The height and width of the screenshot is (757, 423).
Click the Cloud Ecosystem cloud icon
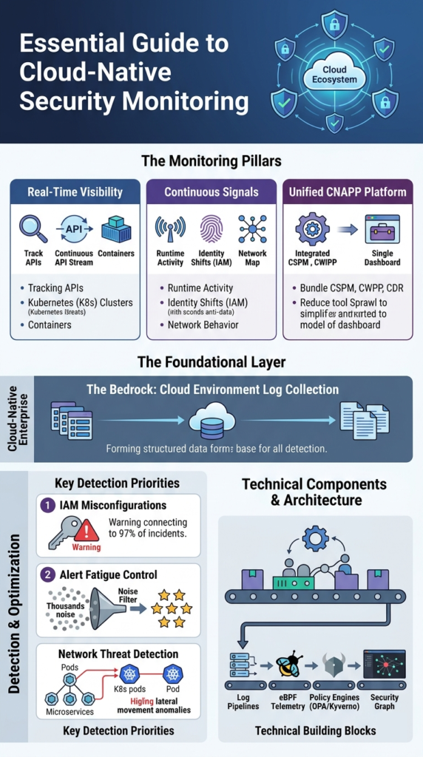tap(334, 74)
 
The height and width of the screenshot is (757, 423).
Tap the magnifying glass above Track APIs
tap(33, 228)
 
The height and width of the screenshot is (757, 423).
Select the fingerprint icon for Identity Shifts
tap(211, 229)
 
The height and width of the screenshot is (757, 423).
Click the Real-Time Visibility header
tap(75, 192)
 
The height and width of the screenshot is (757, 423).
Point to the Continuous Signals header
tap(211, 192)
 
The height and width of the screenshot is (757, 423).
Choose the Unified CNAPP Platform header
tap(348, 192)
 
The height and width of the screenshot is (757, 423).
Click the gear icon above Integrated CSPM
tap(312, 228)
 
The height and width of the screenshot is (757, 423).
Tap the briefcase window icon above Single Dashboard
tap(382, 229)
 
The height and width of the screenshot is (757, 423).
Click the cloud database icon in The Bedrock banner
tap(211, 421)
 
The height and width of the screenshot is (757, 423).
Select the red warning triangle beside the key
tap(87, 531)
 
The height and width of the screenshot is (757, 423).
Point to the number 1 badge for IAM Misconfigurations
tap(45, 505)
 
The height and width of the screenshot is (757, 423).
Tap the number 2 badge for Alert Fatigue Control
tap(45, 574)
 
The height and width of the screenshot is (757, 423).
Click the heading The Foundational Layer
tap(211, 362)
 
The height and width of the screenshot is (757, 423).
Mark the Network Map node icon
tap(252, 229)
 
